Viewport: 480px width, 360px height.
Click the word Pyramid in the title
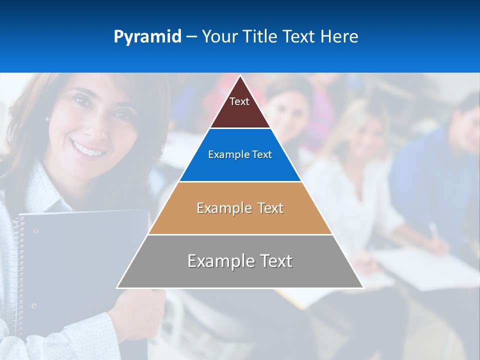click(x=147, y=37)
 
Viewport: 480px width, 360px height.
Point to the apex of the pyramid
click(x=240, y=76)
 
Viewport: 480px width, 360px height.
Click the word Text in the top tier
click(x=239, y=101)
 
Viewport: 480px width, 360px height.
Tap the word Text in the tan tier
click(x=269, y=208)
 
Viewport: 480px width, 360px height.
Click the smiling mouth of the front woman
click(x=88, y=148)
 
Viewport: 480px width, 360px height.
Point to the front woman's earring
click(x=47, y=119)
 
